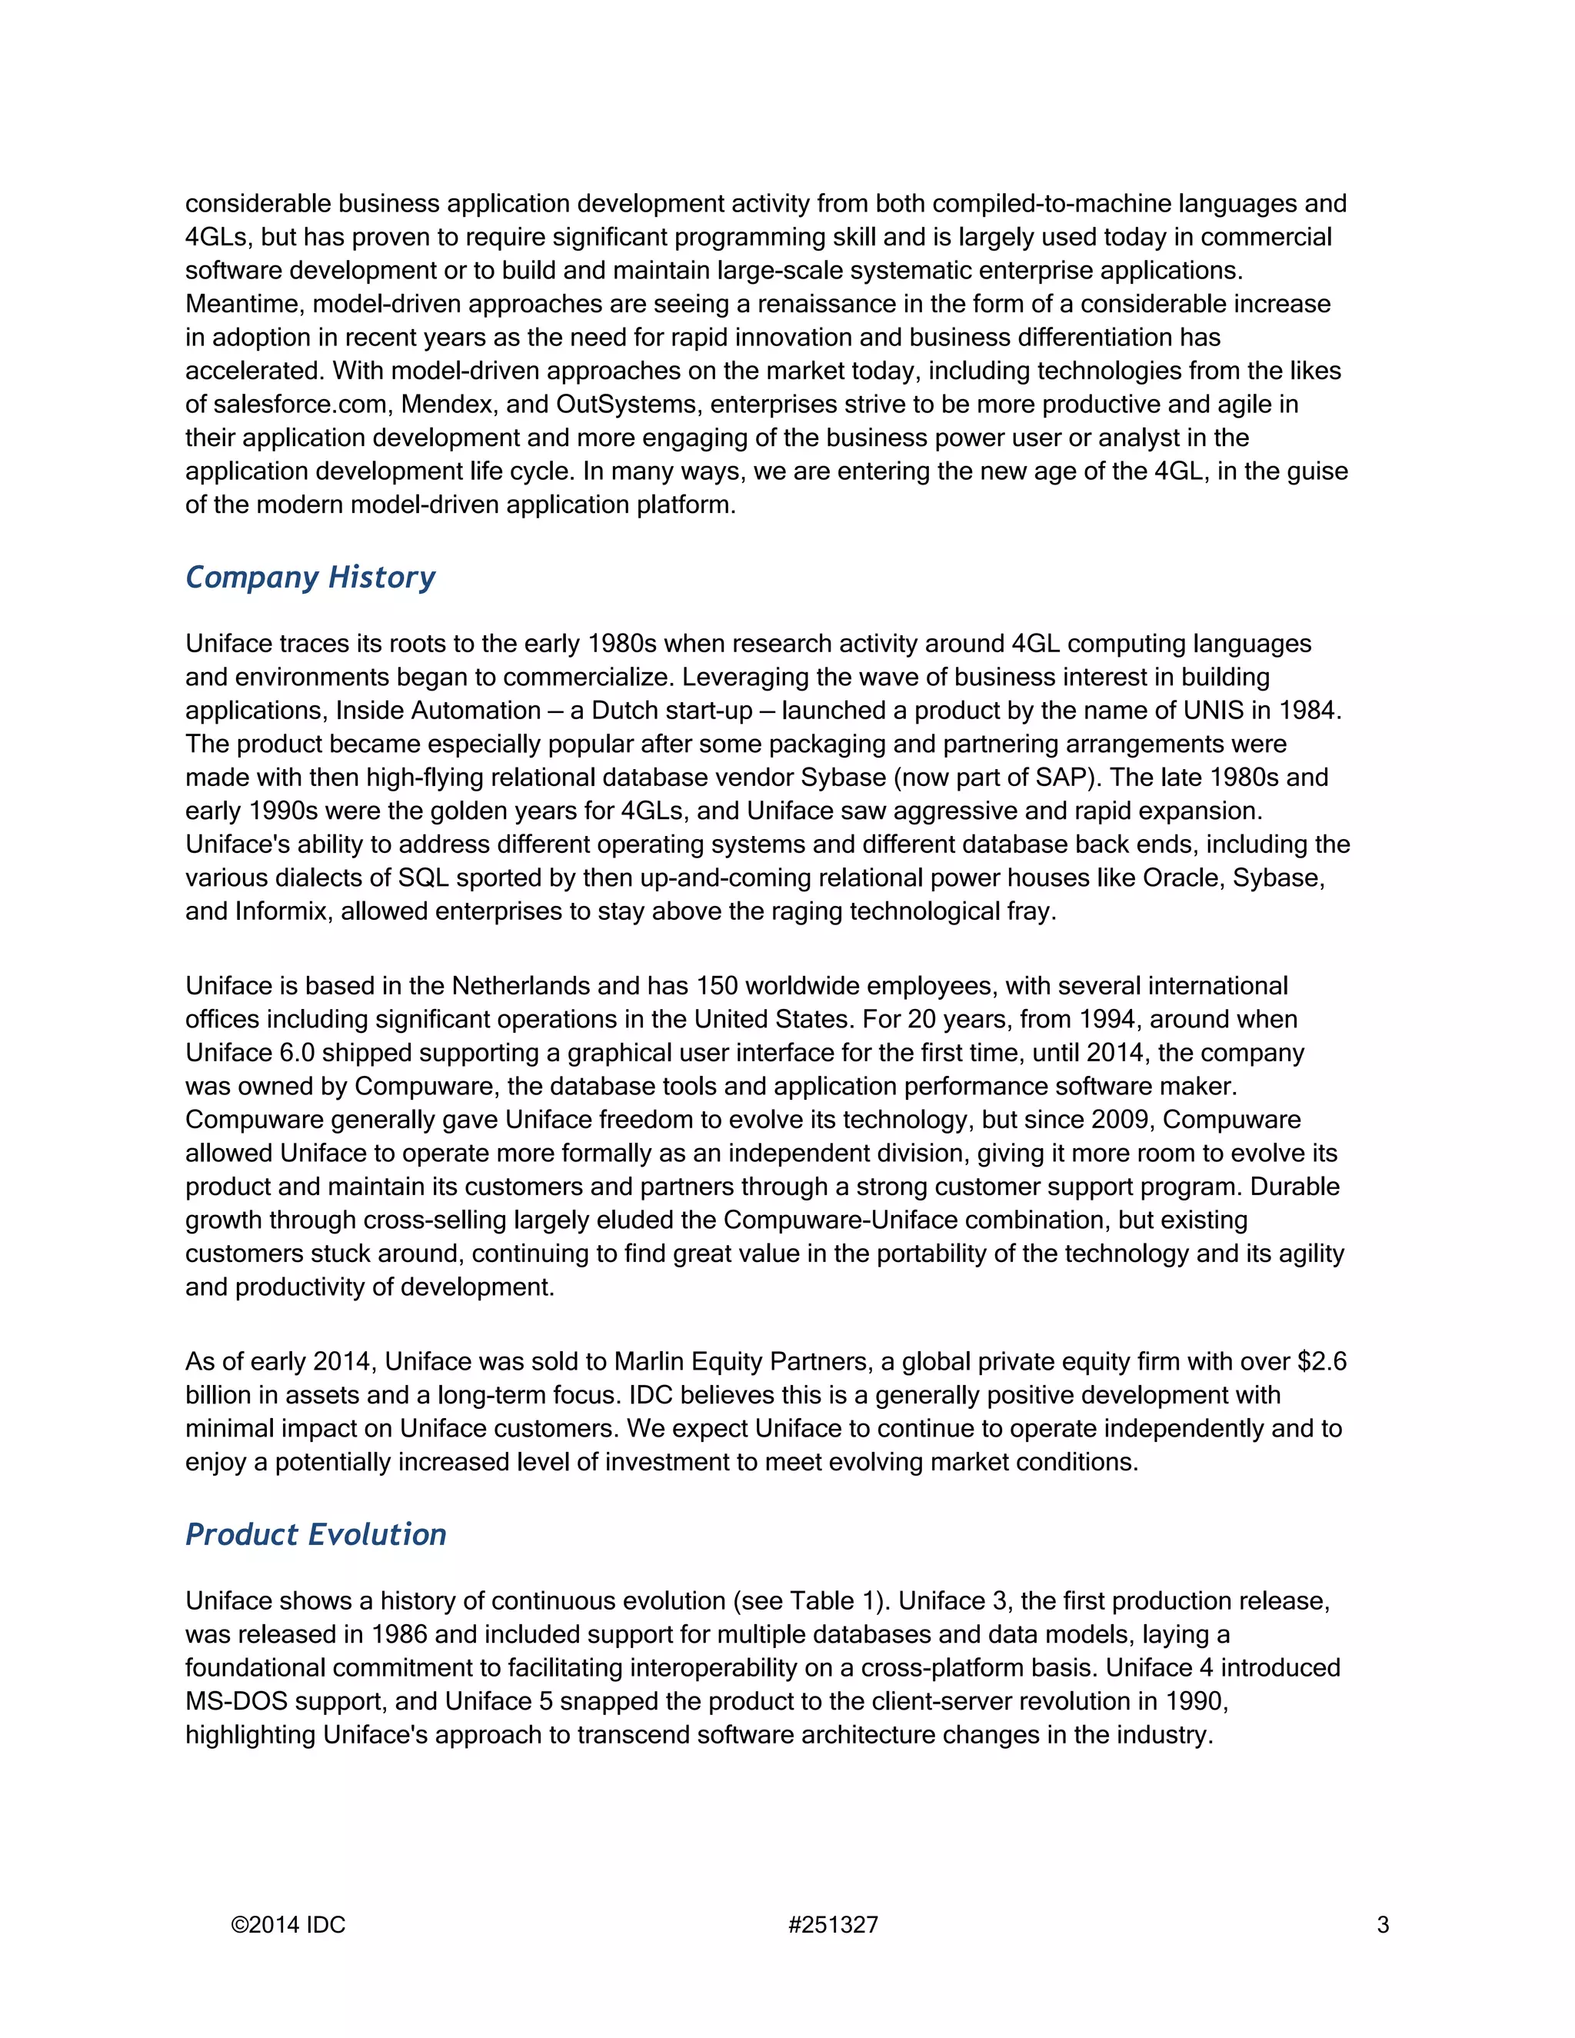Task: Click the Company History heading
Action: (310, 578)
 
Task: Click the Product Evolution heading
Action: (315, 1535)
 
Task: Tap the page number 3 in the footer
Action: (1383, 1925)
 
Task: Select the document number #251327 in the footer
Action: (832, 1925)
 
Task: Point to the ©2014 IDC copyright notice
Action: (288, 1925)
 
